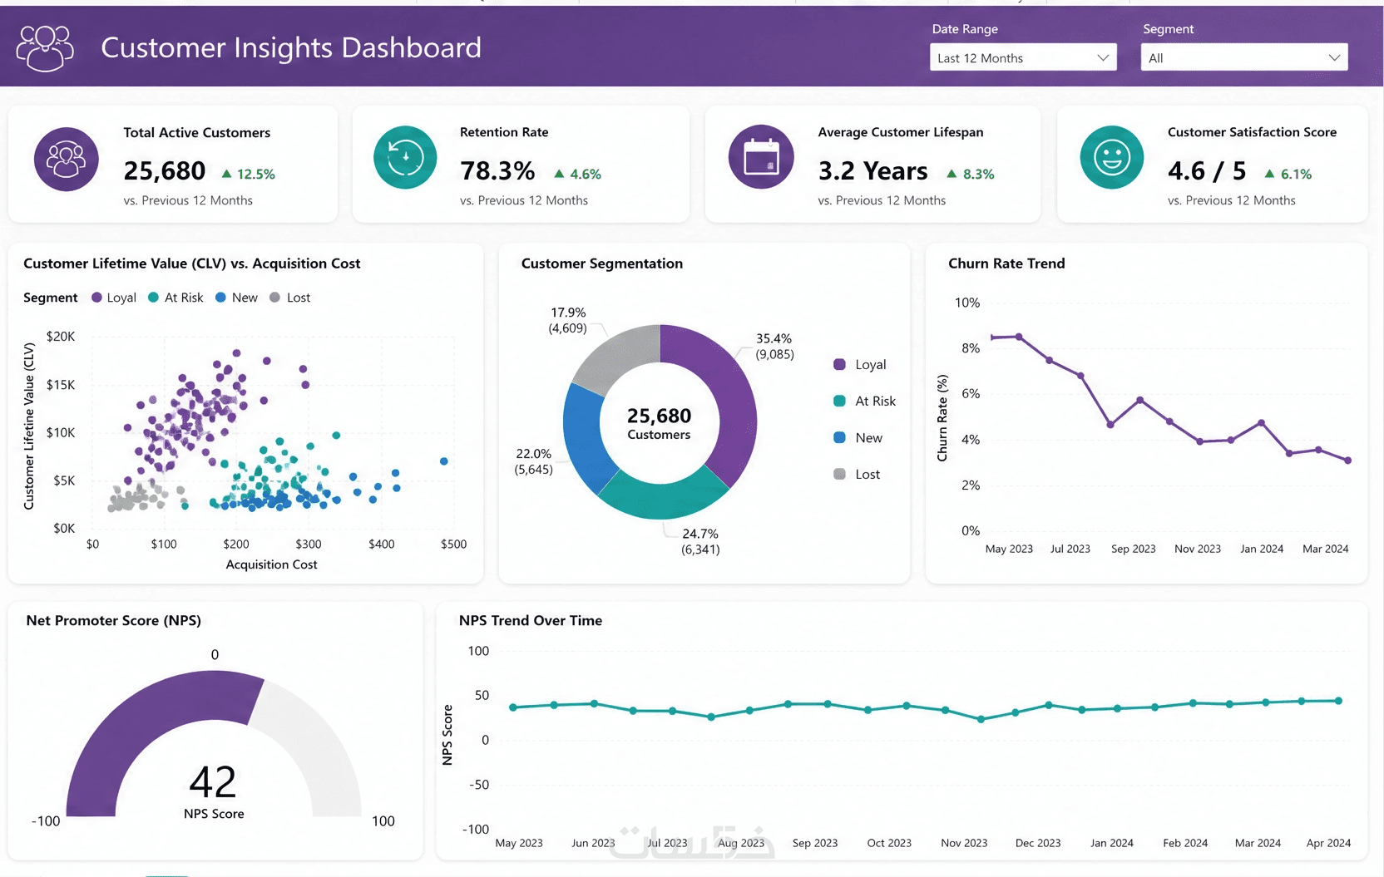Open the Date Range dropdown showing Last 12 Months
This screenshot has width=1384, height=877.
tap(1022, 57)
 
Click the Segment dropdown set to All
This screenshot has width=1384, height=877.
tap(1243, 57)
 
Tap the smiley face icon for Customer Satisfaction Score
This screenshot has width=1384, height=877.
tap(1111, 157)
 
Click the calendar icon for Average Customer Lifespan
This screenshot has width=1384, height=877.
tap(760, 157)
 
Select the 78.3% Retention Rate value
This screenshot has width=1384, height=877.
tap(497, 171)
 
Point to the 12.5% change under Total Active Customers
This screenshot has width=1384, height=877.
tap(249, 175)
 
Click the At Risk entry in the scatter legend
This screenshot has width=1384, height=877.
tap(176, 298)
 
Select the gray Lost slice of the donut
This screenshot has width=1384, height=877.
tap(614, 357)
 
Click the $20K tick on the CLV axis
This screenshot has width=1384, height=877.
tap(61, 337)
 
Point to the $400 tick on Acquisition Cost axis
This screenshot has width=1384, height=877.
tap(381, 544)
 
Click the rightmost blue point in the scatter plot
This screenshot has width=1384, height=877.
tap(443, 461)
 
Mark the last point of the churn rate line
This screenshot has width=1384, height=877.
tap(1347, 461)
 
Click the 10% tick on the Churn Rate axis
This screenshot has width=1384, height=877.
tap(967, 303)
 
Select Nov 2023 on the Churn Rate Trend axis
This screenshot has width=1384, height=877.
tap(1198, 549)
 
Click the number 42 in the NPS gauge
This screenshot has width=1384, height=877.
tap(213, 782)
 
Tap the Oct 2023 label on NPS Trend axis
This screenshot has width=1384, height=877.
tap(889, 843)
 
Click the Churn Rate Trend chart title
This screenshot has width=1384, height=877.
tap(1006, 264)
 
